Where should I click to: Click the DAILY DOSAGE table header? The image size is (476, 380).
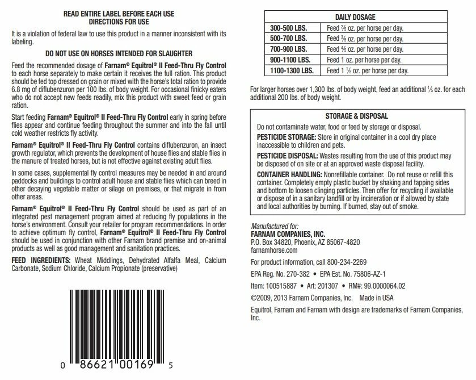[355, 18]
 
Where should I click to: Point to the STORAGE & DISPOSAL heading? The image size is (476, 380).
[355, 116]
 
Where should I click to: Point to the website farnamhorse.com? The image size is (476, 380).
[274, 249]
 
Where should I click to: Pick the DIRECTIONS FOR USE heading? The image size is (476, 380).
[118, 21]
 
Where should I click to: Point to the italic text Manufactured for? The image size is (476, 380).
[273, 226]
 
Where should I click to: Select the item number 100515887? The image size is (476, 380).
[282, 285]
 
